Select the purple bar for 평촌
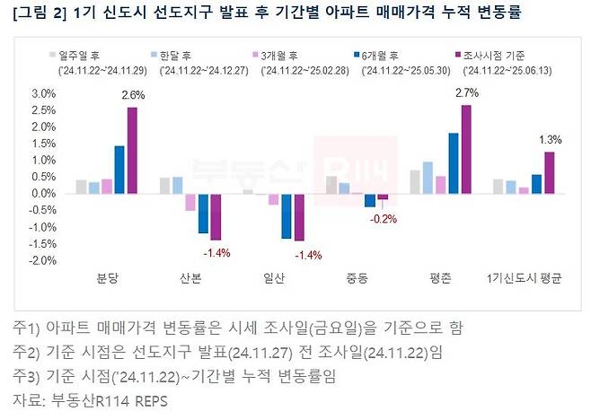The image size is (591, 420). click(x=465, y=149)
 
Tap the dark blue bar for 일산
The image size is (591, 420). click(x=287, y=215)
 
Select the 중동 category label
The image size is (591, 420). click(x=357, y=279)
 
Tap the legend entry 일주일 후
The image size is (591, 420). click(x=81, y=55)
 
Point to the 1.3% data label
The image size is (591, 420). click(x=551, y=139)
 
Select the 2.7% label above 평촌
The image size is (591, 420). click(x=465, y=92)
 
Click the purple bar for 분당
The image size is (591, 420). click(x=133, y=150)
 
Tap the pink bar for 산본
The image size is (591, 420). click(x=190, y=201)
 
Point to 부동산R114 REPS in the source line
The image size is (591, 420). click(x=106, y=400)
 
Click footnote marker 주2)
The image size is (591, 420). click(x=24, y=350)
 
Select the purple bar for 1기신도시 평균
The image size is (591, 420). click(x=550, y=172)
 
